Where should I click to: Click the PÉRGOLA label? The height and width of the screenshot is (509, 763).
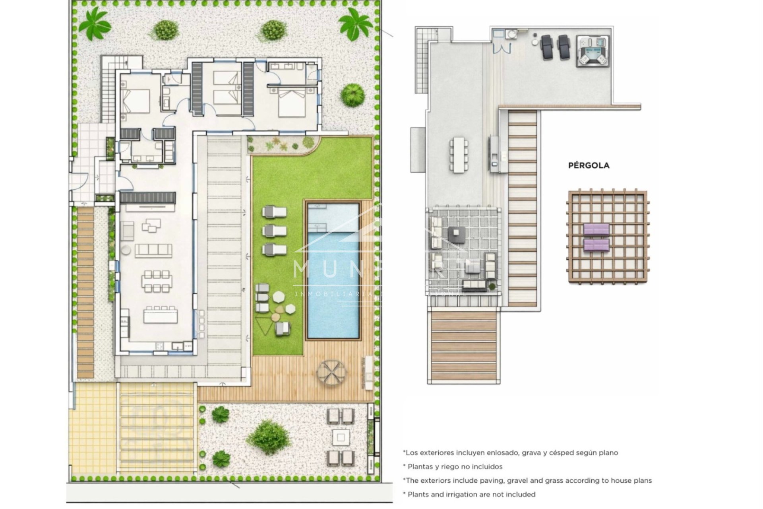tap(589, 165)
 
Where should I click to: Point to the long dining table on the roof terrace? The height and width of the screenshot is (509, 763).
tap(459, 155)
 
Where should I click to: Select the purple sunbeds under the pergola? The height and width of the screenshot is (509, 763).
tap(596, 237)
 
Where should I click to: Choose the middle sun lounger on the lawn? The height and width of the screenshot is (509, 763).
tap(274, 230)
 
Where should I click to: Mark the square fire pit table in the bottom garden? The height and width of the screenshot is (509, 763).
tap(340, 437)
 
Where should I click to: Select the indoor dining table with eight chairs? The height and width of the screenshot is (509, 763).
tap(157, 281)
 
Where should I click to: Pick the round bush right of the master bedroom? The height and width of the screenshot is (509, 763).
tap(352, 95)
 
